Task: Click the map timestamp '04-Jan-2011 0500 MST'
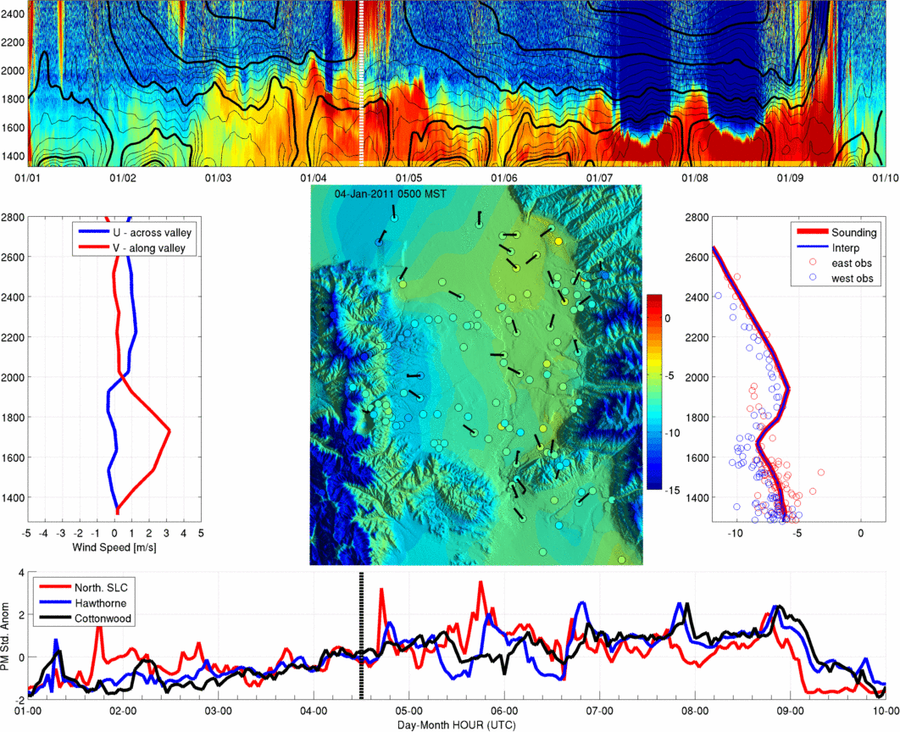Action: point(391,194)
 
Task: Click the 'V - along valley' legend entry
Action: point(149,248)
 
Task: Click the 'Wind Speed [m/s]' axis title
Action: point(114,547)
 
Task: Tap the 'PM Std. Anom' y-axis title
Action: point(6,635)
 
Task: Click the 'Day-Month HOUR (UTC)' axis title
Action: point(456,725)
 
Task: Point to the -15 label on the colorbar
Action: point(672,491)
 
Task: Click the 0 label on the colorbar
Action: point(667,319)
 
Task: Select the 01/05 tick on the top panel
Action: point(408,178)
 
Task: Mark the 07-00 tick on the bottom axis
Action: point(599,711)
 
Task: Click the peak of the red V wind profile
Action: point(169,430)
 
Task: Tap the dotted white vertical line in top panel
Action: point(361,84)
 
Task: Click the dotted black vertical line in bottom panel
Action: point(362,635)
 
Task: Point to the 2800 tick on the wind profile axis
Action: point(13,218)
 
